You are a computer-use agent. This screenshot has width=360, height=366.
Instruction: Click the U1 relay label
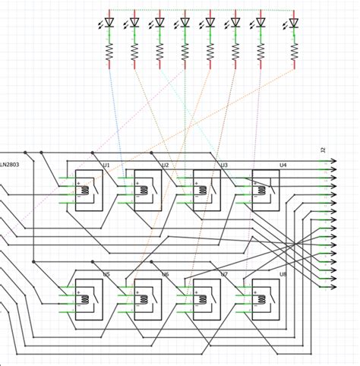pos(106,165)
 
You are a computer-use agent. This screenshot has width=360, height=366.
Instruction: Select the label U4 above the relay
pos(283,165)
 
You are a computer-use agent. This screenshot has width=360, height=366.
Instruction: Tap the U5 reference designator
pos(106,274)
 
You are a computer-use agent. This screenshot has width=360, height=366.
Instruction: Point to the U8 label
pos(283,274)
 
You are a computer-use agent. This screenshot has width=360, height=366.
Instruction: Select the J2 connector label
pos(323,151)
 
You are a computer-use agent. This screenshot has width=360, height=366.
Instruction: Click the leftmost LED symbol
pos(109,23)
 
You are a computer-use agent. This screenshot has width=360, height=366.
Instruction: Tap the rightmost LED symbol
pos(294,23)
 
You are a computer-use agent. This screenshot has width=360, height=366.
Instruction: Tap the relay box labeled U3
pos(207,190)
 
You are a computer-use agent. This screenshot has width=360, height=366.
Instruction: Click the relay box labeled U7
pos(207,298)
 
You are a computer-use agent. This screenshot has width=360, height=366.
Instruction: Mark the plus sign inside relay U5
pos(77,291)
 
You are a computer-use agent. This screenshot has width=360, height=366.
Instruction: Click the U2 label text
pos(165,165)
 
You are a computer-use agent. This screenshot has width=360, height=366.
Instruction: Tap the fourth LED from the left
pos(185,23)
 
